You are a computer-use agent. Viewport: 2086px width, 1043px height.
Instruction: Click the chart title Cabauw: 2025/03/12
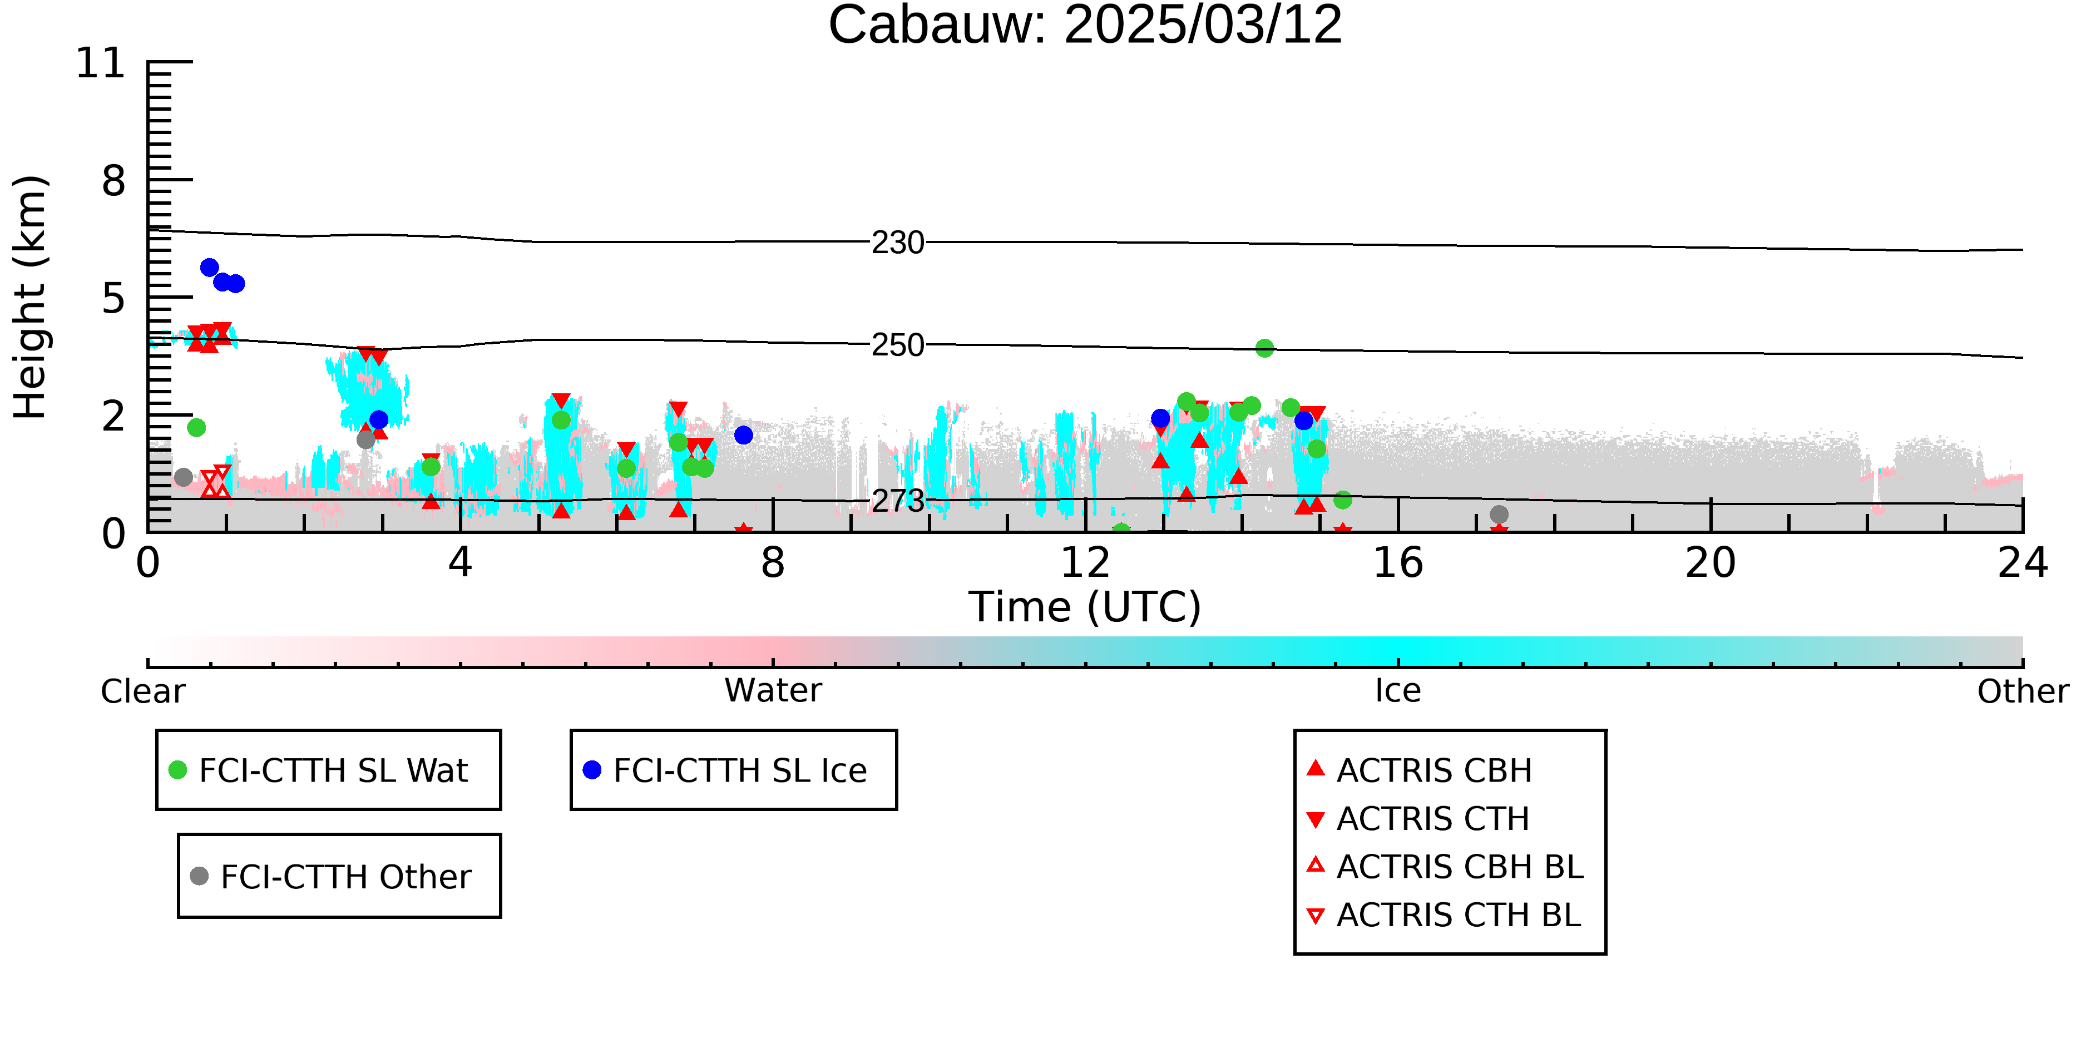pos(1085,25)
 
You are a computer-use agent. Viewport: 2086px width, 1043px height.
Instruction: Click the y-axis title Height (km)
pos(31,297)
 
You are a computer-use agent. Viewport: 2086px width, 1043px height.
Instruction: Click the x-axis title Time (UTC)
pos(1085,606)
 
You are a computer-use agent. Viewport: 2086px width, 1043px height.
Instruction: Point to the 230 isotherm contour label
pos(897,242)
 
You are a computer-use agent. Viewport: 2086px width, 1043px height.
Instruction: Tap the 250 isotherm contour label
pos(897,345)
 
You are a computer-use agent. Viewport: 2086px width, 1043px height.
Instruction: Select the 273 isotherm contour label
pos(897,501)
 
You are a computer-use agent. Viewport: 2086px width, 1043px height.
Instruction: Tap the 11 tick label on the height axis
pos(101,63)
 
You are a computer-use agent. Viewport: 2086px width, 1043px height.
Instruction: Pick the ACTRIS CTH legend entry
pos(1418,819)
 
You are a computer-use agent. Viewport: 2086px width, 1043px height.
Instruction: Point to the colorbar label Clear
pos(142,691)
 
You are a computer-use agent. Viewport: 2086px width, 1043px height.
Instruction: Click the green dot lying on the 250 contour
pos(1264,348)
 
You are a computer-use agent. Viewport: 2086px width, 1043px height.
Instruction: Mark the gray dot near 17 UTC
pos(1499,514)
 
